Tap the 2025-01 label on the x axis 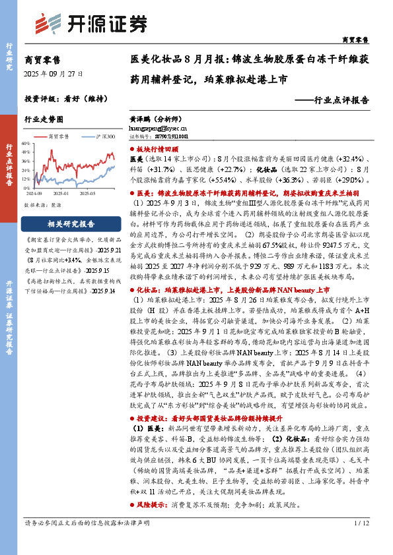(69, 194)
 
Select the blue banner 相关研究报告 (71, 223)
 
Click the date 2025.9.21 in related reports (109, 251)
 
